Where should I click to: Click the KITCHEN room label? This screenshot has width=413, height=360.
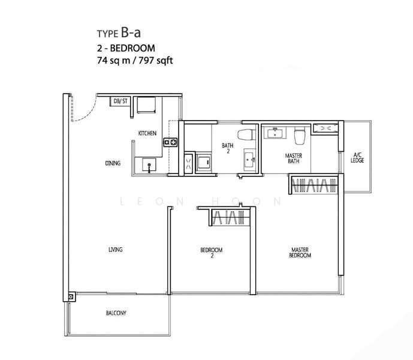tap(147, 133)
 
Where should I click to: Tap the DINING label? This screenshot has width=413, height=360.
tap(113, 163)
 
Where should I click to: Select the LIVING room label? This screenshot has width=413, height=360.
tap(115, 249)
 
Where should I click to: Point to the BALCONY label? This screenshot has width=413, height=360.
tap(116, 313)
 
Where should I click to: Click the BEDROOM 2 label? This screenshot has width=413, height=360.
tap(212, 253)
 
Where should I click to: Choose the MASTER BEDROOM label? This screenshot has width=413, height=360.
tap(300, 253)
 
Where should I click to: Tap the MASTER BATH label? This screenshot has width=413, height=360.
tap(294, 158)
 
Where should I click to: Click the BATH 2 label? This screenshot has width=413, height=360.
tap(228, 148)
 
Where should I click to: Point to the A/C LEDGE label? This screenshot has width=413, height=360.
tap(357, 157)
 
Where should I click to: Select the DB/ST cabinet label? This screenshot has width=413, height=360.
tap(120, 101)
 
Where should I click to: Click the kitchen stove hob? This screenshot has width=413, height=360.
tap(170, 142)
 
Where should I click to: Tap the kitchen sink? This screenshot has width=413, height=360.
tap(149, 165)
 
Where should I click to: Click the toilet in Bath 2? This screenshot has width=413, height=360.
tap(246, 135)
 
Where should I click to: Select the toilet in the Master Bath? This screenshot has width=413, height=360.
tap(300, 136)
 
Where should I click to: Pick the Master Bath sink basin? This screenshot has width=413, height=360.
tap(275, 133)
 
